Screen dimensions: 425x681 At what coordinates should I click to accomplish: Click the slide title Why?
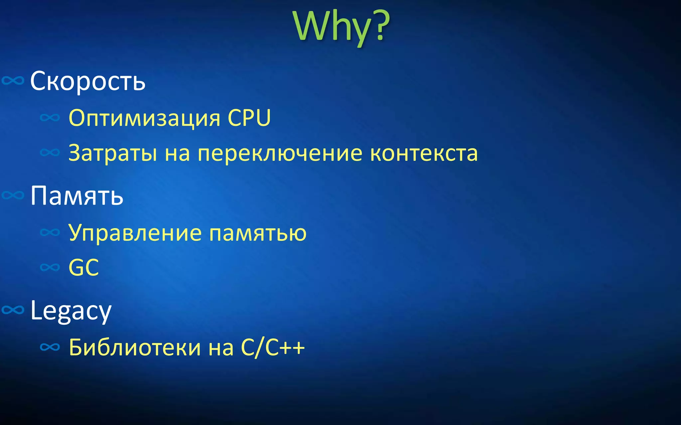[x=341, y=27]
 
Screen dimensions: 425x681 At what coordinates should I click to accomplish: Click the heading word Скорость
[x=88, y=81]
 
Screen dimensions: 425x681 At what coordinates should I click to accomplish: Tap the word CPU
[x=249, y=118]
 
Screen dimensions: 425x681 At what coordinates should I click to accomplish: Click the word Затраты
[x=113, y=153]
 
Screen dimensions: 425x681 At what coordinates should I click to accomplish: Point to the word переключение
[x=280, y=153]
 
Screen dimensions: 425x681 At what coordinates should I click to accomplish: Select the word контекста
[x=424, y=153]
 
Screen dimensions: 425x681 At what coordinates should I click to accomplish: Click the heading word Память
[x=77, y=196]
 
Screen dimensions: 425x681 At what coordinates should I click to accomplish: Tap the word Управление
[x=135, y=233]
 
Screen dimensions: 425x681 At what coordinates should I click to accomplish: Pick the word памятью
[x=258, y=233]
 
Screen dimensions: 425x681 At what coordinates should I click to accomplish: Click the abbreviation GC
[x=83, y=268]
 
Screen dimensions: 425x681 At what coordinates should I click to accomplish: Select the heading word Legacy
[x=71, y=310]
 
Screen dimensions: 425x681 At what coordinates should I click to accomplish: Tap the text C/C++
[x=272, y=348]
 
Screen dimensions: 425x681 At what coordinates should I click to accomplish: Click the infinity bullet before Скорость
[x=13, y=81]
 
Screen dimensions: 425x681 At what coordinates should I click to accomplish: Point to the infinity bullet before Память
[x=13, y=195]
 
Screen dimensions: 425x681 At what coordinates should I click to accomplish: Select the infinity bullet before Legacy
[x=13, y=310]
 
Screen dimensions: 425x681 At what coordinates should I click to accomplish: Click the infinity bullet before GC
[x=50, y=267]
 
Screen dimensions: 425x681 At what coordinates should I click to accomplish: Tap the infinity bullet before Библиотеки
[x=50, y=347]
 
